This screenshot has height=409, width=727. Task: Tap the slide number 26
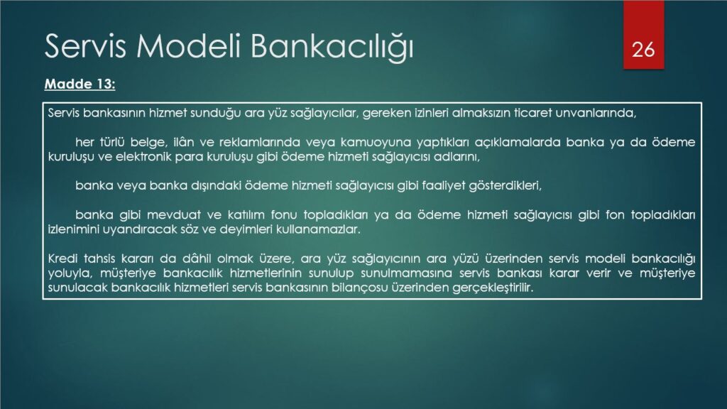[x=643, y=50]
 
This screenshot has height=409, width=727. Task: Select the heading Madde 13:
[x=80, y=84]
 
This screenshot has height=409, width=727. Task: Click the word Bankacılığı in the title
[x=332, y=47]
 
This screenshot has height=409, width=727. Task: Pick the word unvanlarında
[x=596, y=113]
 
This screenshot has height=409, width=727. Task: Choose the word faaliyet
[x=443, y=185]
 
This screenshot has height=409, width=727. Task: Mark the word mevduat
[x=174, y=214]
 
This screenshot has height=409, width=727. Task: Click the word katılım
[x=246, y=214]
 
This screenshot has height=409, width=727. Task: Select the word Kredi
[x=62, y=258]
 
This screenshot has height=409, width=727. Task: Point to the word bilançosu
[x=359, y=288]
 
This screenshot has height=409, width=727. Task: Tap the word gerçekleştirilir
[x=493, y=288]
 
